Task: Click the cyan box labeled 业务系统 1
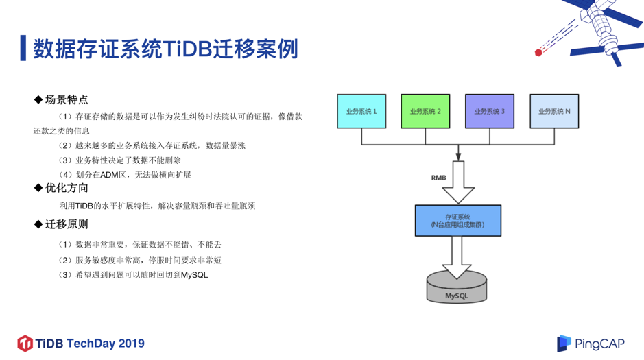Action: point(361,111)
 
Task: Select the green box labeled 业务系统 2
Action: point(425,111)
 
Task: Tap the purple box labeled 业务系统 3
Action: point(490,111)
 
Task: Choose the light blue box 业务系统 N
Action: point(554,111)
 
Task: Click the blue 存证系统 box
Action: point(457,220)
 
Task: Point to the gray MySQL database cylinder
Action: point(457,288)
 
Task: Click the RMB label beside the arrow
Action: point(438,178)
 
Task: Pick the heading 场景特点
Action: point(67,99)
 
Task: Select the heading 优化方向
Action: point(67,188)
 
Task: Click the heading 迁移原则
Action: point(67,224)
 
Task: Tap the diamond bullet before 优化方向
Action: point(38,188)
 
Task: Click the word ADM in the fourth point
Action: point(110,175)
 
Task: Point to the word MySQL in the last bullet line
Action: point(194,275)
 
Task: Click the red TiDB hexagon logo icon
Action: point(25,343)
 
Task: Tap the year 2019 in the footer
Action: point(131,343)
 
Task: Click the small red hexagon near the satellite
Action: point(538,52)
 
